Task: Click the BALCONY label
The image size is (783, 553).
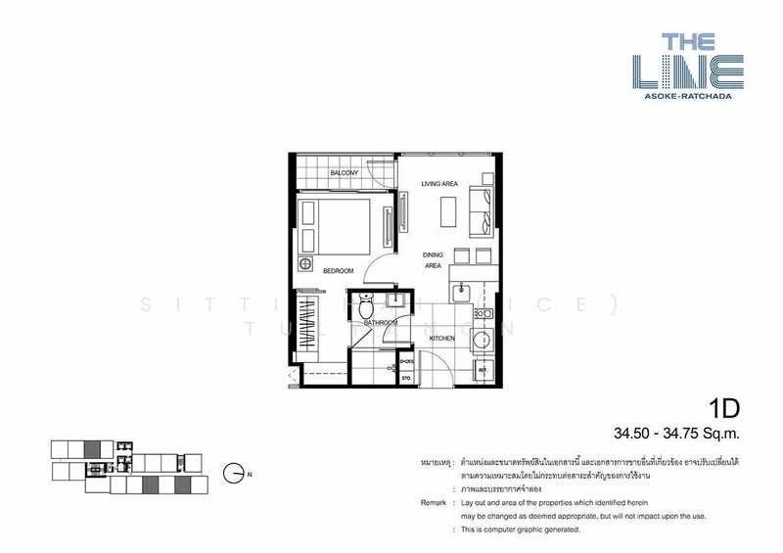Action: pos(344,173)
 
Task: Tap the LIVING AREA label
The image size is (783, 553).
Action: pos(440,184)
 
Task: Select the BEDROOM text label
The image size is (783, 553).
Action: pos(338,270)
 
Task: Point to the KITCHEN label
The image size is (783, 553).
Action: pos(443,338)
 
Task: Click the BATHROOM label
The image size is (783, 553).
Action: pos(380,322)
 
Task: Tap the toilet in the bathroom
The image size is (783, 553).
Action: pos(365,301)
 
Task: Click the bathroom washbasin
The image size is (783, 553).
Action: pos(399,300)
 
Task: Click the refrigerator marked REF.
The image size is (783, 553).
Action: pos(482,371)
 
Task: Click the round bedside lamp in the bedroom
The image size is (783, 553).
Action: pos(305,265)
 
